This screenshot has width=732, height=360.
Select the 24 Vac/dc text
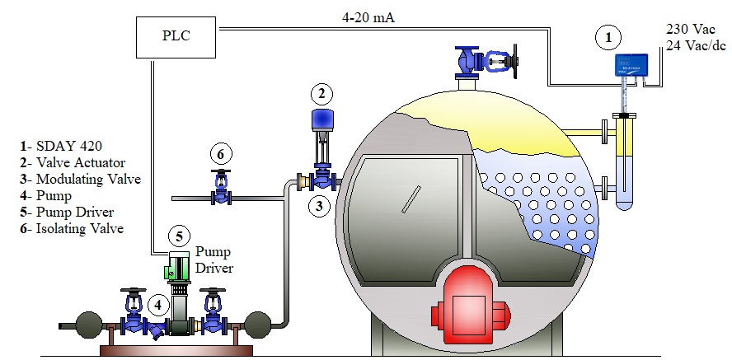pyautogui.click(x=695, y=45)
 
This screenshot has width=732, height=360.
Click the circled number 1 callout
pyautogui.click(x=608, y=36)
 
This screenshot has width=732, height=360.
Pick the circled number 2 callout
pyautogui.click(x=322, y=93)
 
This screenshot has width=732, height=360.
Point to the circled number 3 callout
pyautogui.click(x=320, y=204)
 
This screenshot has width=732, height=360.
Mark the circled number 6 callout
pyautogui.click(x=219, y=153)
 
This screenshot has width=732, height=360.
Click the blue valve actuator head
pyautogui.click(x=320, y=120)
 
